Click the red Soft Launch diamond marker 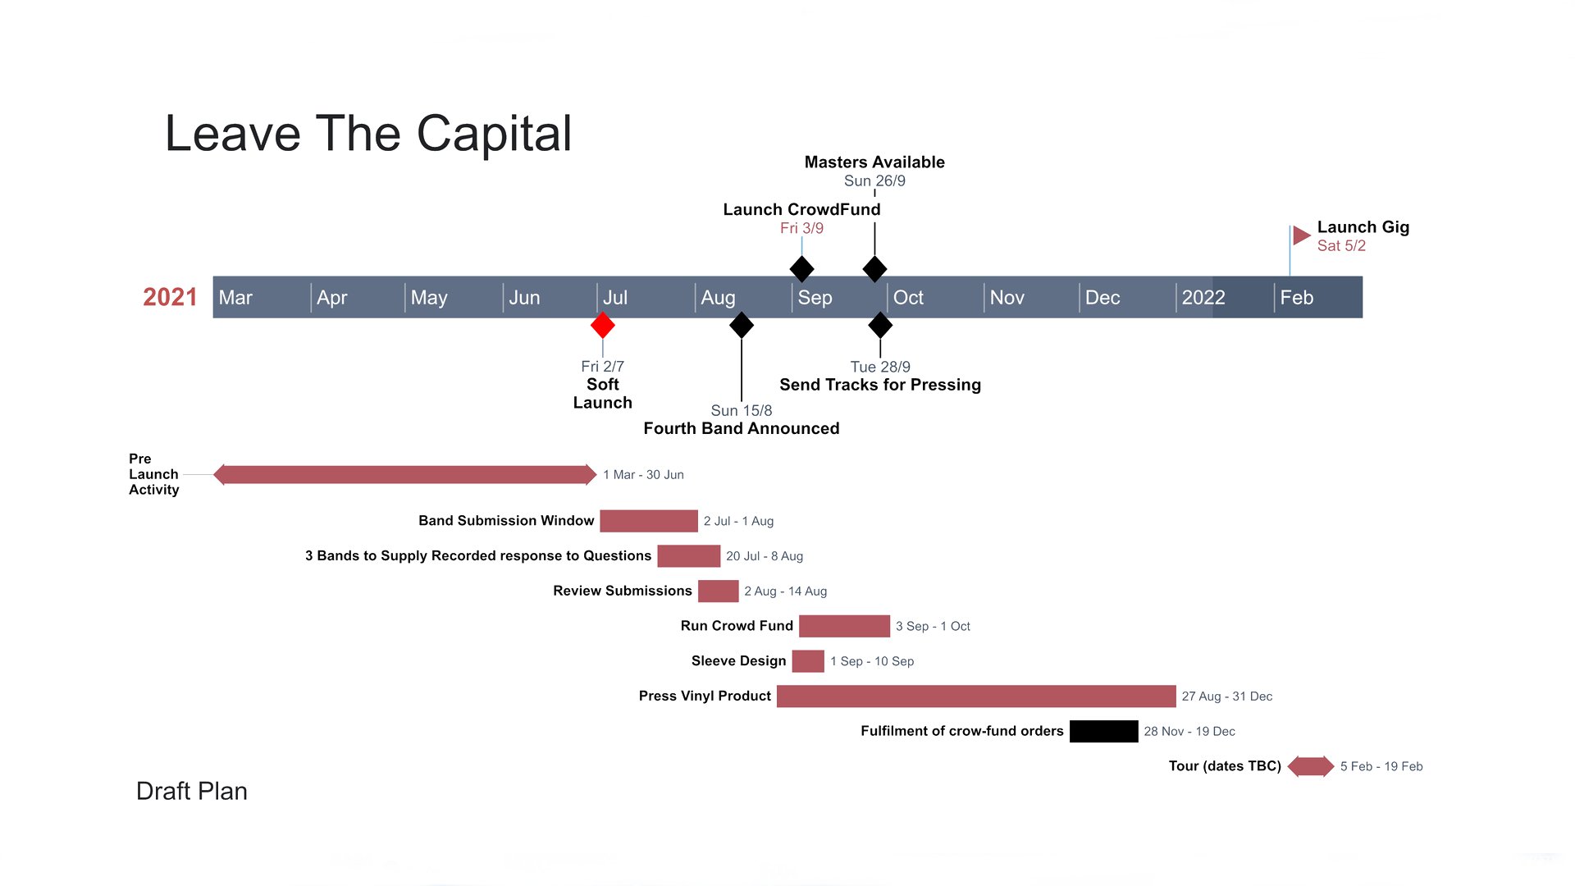pos(603,326)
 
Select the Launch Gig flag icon pos(1301,236)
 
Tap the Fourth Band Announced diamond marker pos(742,326)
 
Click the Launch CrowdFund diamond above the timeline pos(801,269)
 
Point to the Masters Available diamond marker pos(874,269)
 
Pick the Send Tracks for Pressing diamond pos(880,326)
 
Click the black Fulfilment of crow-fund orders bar pos(1104,731)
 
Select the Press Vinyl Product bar pos(976,696)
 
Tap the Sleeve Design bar pos(808,661)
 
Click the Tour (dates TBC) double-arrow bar pos(1311,766)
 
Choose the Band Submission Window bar pos(649,521)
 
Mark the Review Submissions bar pos(719,591)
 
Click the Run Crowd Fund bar pos(844,626)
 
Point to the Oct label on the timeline pos(908,298)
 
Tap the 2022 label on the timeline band pos(1203,298)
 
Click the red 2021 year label pos(170,297)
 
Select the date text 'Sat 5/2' pos(1341,246)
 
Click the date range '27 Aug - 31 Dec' pos(1227,696)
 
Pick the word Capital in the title pos(494,134)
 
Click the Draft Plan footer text pos(192,791)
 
